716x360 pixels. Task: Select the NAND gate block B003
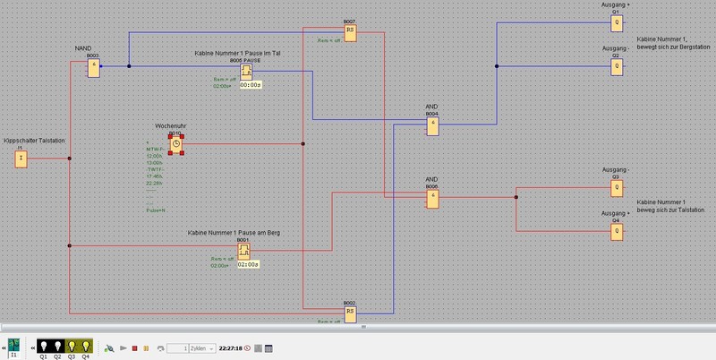(93, 67)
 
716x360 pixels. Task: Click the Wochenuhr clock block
(176, 143)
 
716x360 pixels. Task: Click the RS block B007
(350, 31)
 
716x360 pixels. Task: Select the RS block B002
(350, 312)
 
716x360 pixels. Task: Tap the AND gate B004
(432, 126)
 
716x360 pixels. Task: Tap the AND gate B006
(432, 199)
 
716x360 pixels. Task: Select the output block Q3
(616, 189)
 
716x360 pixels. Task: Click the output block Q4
(616, 230)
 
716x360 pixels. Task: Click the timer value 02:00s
(249, 265)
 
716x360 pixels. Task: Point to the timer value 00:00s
(250, 85)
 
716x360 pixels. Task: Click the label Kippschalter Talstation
(36, 141)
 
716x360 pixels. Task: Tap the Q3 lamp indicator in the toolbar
(72, 346)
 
